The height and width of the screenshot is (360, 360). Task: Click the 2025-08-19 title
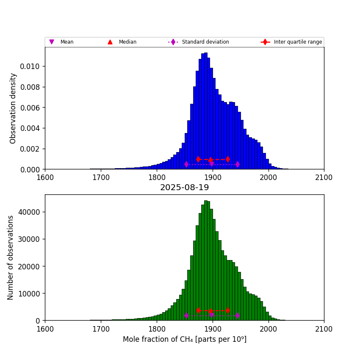coord(184,188)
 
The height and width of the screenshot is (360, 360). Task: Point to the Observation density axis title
coord(13,108)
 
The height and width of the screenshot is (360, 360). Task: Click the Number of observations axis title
coord(11,258)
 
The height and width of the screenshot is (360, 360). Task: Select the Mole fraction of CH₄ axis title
coord(184,339)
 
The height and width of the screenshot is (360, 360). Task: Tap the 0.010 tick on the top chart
coord(31,66)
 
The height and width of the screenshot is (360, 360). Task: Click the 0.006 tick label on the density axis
coord(31,108)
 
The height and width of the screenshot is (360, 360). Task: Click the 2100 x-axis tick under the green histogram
coord(324,328)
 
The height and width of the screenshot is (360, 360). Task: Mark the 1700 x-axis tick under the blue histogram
coord(101,177)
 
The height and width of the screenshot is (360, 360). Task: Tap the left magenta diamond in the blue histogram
coord(186,164)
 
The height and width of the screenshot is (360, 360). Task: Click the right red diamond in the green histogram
coord(228,310)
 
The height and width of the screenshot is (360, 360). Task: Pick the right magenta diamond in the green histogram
coord(238,316)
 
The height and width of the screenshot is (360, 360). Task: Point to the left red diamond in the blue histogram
coord(198,159)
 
